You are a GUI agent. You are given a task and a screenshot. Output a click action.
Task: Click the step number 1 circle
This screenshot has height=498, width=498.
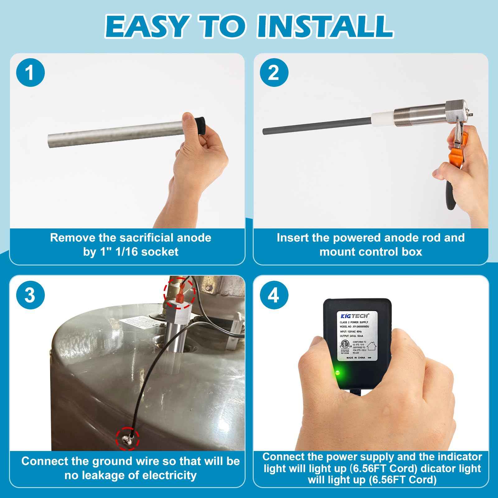click(x=30, y=73)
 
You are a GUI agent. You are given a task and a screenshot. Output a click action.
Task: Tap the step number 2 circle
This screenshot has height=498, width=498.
click(x=274, y=73)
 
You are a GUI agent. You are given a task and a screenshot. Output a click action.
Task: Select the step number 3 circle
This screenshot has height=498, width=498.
click(x=30, y=295)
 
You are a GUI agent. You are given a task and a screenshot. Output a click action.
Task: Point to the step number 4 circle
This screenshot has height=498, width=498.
click(x=274, y=295)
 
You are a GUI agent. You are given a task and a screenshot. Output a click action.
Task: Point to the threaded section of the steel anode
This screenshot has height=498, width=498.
click(x=408, y=118)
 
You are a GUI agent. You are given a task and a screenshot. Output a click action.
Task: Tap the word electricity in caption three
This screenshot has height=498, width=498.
click(x=169, y=475)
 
